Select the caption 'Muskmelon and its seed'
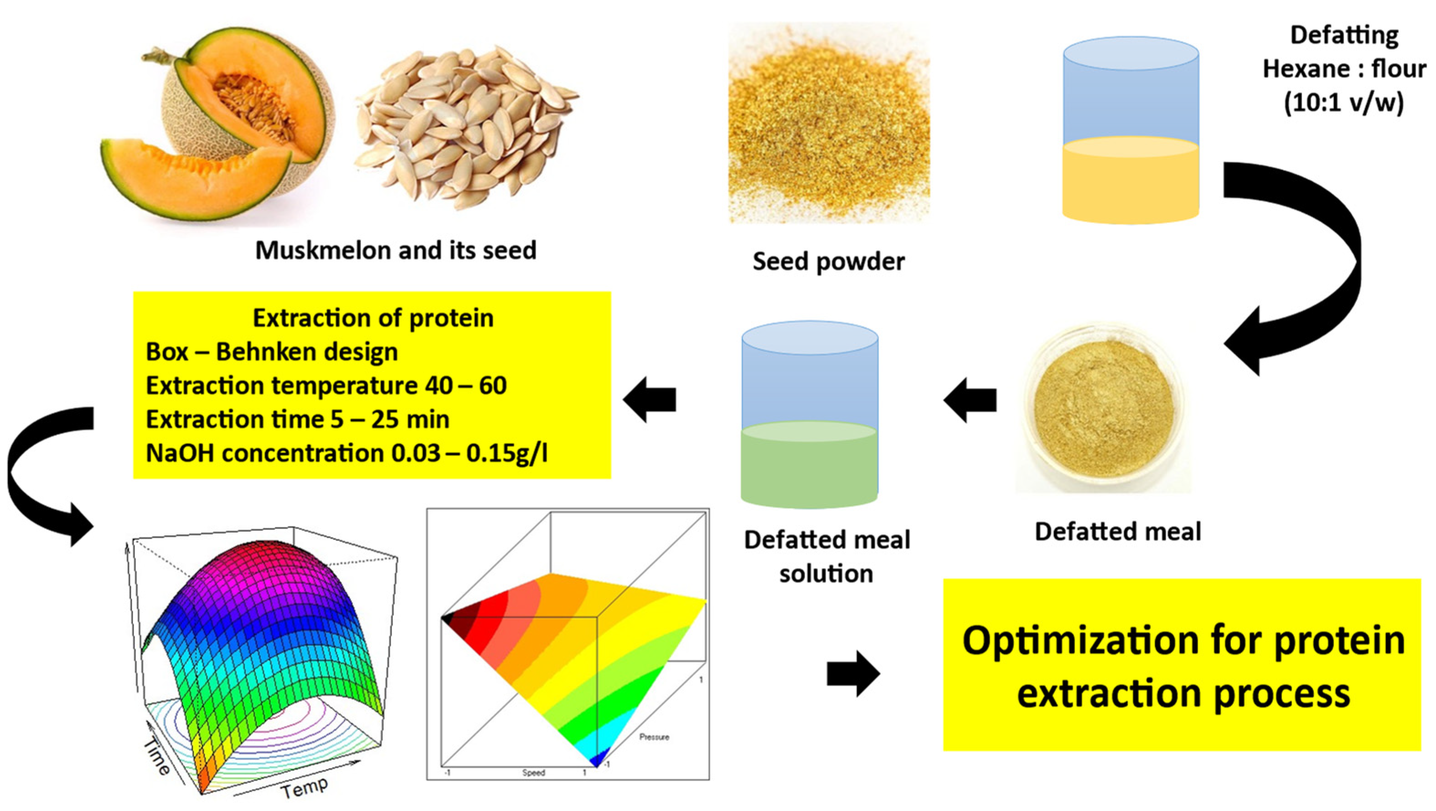coord(396,250)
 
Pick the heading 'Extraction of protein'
coord(373,318)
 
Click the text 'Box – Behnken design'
coord(272,352)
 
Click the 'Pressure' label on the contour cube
coord(654,737)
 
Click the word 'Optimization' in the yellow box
coord(1080,641)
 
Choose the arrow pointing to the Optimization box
coord(853,673)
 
